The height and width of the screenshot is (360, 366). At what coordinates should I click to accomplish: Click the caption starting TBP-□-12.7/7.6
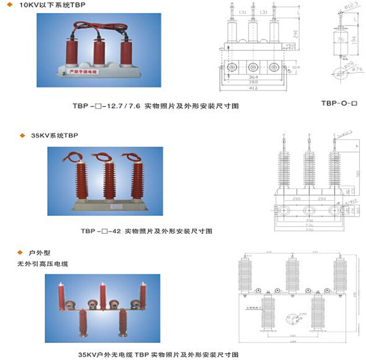tap(155, 106)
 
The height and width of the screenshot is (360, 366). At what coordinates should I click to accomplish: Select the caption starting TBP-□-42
tap(146, 231)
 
